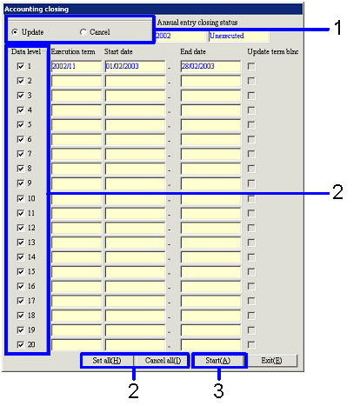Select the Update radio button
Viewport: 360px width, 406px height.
click(15, 32)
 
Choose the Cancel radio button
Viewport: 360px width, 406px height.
click(83, 32)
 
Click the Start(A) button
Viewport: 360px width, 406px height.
click(218, 361)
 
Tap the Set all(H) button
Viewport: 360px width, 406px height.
click(107, 361)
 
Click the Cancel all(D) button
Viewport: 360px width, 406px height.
click(163, 361)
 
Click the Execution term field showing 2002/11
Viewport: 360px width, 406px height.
click(77, 66)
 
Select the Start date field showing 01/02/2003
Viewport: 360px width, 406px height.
click(135, 66)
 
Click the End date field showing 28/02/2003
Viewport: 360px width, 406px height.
click(210, 66)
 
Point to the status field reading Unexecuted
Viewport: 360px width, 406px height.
click(239, 36)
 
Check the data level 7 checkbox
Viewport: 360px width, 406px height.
click(21, 154)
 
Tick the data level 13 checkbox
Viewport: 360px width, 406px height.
click(21, 243)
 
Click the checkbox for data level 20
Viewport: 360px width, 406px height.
click(21, 344)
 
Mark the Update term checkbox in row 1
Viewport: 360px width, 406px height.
click(251, 66)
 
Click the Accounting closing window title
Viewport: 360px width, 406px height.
click(37, 10)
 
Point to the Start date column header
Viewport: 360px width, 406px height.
click(118, 51)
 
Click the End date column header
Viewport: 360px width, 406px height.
click(193, 51)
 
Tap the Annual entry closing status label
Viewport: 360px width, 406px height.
click(197, 23)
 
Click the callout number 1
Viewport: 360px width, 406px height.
click(338, 28)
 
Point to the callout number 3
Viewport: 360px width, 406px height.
click(218, 390)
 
